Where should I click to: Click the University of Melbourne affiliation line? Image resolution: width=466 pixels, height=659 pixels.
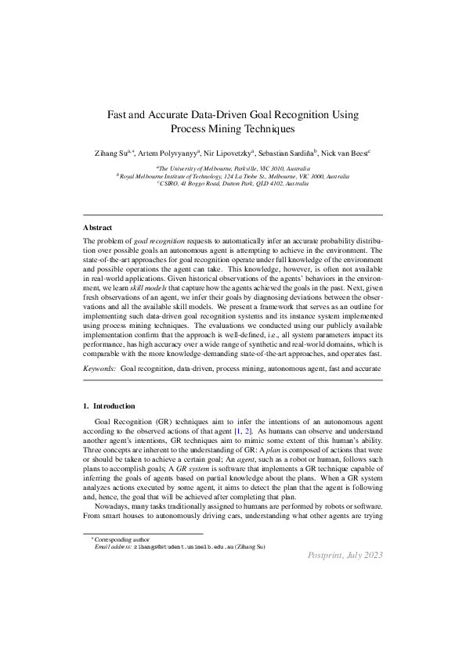[233, 168]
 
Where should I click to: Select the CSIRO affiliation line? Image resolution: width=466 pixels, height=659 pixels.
[233, 184]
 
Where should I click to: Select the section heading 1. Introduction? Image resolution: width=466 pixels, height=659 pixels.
[109, 406]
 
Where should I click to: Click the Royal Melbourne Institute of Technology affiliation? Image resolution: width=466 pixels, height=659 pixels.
[233, 176]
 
